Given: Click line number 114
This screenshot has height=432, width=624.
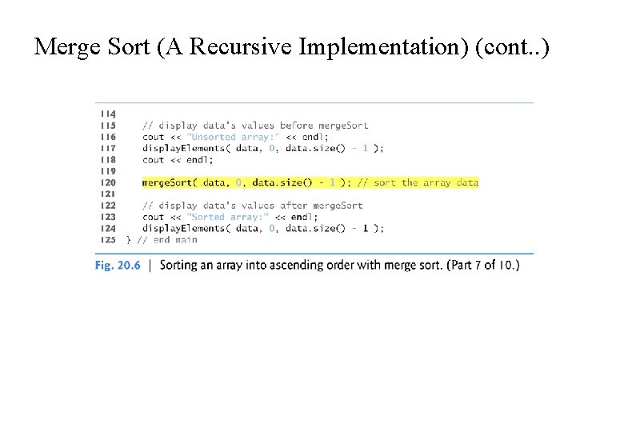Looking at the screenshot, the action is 106,114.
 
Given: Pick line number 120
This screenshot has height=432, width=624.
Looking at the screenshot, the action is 106,182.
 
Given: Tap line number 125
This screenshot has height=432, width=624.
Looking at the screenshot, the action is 106,239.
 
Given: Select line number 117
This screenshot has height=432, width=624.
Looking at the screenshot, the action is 106,148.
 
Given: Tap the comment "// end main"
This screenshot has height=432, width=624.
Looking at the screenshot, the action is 167,239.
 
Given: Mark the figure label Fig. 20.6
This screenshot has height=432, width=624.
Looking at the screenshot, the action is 118,265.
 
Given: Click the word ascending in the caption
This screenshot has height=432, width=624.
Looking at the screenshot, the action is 314,265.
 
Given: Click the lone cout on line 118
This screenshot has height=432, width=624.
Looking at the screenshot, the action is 153,159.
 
